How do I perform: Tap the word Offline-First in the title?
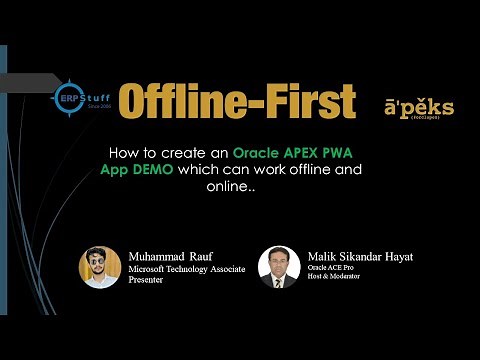[x=236, y=100]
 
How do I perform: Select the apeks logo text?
[x=418, y=107]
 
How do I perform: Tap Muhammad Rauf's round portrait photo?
[x=100, y=268]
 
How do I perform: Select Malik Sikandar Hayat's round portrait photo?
[x=279, y=268]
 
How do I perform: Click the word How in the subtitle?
[x=122, y=153]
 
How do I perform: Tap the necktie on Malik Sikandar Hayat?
[x=279, y=281]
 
